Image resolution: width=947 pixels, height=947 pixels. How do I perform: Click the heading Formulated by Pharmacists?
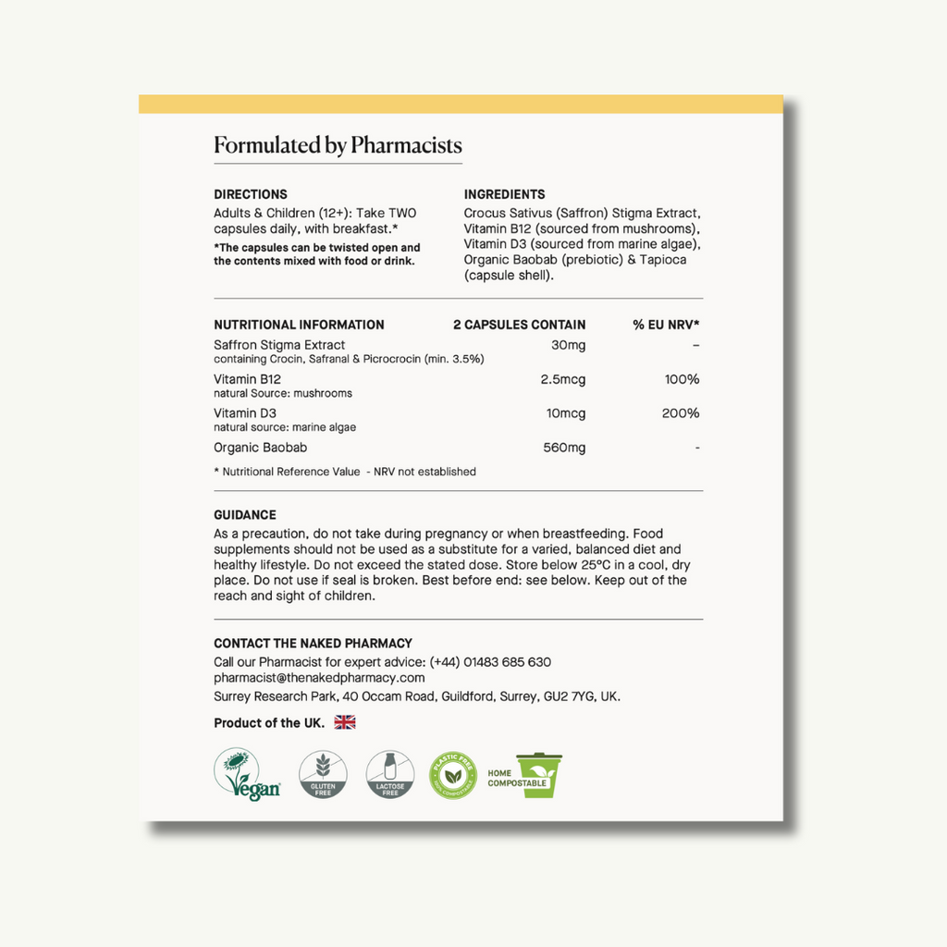pos(338,145)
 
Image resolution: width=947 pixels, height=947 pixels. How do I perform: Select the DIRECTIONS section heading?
pos(251,194)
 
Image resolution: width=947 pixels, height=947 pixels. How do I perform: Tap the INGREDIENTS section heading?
pos(504,194)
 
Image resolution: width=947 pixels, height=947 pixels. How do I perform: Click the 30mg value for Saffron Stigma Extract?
pos(568,345)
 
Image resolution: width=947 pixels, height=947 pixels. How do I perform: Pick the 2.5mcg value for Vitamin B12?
pos(563,379)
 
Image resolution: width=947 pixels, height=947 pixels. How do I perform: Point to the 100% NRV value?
pos(681,379)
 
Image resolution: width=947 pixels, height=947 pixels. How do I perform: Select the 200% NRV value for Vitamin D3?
pos(681,413)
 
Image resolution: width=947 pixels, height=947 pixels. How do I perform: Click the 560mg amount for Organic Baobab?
pos(563,448)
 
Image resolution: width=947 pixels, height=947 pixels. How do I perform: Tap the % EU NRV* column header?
pos(666,325)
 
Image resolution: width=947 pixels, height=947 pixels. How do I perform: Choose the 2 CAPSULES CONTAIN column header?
pos(519,325)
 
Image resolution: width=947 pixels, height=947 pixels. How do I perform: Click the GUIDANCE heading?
pos(245,515)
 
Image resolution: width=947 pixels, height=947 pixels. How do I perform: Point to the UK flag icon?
pos(345,722)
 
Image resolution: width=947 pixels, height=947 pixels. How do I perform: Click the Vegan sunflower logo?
pos(247,774)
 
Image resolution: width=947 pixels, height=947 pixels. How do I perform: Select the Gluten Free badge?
pos(323,774)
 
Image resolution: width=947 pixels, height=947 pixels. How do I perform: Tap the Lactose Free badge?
pos(390,774)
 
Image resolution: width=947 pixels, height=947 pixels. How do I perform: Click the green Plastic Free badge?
pos(453,775)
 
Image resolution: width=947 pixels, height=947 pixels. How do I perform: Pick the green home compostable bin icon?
pos(538,775)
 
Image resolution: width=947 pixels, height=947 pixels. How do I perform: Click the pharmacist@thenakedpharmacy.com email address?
pos(319,678)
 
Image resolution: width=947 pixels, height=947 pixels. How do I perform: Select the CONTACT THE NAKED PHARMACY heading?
pos(313,644)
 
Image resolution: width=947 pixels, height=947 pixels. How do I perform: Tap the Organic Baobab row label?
pos(260,448)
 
